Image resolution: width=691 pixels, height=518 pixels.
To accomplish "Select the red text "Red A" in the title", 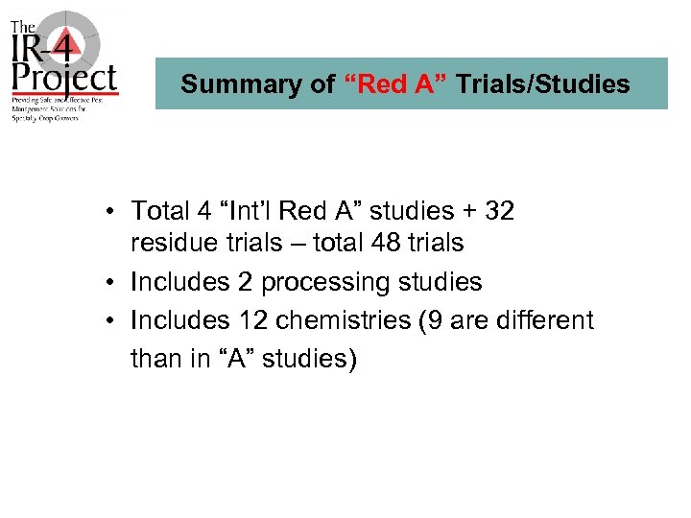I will pos(395,84).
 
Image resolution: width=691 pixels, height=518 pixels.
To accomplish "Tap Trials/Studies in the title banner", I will pos(543,84).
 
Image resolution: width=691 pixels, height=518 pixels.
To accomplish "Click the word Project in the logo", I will pos(64,77).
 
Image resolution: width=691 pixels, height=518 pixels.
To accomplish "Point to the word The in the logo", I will pos(24,28).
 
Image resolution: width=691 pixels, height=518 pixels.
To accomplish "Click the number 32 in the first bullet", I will pos(499,211).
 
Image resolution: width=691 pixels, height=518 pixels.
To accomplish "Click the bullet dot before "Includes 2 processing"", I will pos(112,283).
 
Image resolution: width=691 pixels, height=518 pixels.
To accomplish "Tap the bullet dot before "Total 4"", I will pos(112,211).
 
